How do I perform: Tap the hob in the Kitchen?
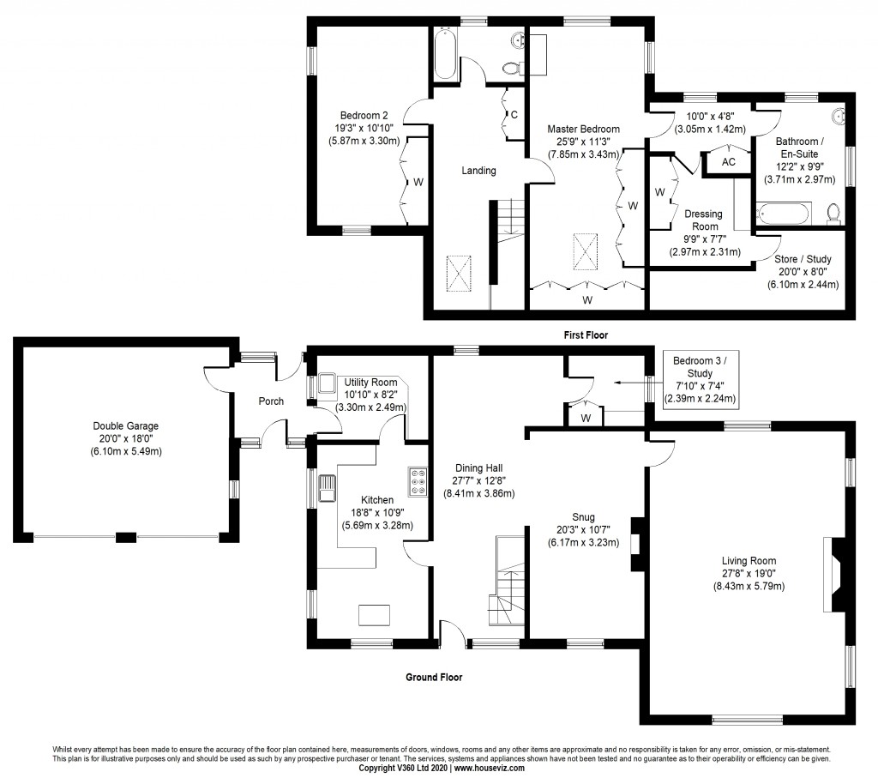click(418, 482)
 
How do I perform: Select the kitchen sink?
click(328, 489)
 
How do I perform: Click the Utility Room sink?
click(327, 383)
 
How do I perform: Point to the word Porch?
click(272, 401)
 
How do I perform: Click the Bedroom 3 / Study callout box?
click(699, 378)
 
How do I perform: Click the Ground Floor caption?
click(434, 677)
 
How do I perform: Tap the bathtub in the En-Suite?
click(782, 212)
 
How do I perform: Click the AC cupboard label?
click(728, 162)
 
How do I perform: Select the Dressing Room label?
click(702, 220)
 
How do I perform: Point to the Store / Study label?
click(803, 259)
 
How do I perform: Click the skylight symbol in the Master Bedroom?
click(586, 251)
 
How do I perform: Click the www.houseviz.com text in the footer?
click(489, 769)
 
